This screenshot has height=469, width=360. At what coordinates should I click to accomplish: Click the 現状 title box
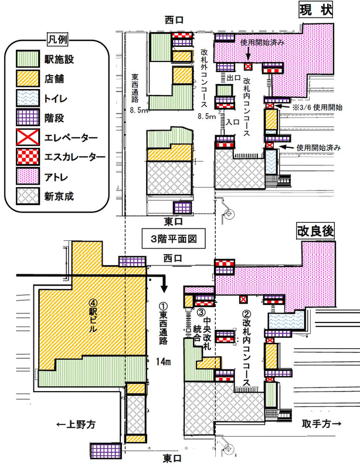coord(315,11)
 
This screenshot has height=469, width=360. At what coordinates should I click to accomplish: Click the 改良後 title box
coord(315,231)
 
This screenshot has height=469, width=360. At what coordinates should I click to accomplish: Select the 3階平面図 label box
coord(174,239)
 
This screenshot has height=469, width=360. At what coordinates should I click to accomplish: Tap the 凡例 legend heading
coord(57,39)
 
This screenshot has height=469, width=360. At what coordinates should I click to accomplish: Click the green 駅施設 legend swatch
coord(28,59)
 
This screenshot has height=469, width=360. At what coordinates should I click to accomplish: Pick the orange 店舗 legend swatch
coord(28,79)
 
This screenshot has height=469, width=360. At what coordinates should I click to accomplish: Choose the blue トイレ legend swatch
coord(28,98)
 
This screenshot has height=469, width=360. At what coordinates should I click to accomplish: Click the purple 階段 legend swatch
coord(28,118)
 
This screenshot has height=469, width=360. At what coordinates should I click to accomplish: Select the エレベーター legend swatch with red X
coord(28,137)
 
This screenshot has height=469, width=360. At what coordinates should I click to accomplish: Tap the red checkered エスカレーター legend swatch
coord(28,157)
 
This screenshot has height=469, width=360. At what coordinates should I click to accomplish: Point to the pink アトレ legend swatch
coord(28,176)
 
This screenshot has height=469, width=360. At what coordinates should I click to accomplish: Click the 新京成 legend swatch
coord(28,196)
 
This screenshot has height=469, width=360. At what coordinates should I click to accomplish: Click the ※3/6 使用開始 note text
coord(317,107)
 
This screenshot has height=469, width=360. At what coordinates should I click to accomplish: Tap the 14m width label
coord(163,362)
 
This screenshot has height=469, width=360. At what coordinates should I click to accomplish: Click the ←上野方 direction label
coord(76,424)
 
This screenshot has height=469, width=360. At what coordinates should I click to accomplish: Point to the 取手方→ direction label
coord(321,423)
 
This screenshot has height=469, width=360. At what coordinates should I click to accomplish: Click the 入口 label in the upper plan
coord(233,122)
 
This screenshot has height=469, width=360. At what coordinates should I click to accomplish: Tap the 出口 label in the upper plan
coord(233,78)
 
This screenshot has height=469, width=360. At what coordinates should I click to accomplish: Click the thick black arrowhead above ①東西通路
coord(164,289)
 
